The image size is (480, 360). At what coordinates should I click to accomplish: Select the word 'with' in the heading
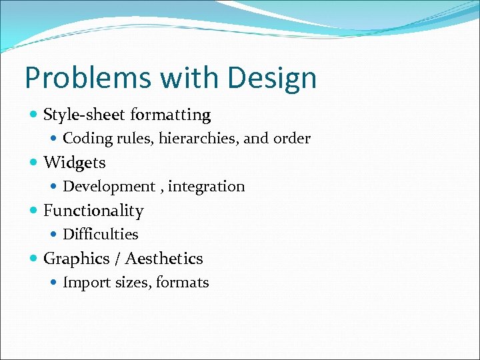178,78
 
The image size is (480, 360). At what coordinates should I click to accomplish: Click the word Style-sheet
84,115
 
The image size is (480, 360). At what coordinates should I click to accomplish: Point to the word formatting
171,115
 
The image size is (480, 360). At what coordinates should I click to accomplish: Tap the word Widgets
74,163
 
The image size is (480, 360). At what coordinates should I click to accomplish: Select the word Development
109,187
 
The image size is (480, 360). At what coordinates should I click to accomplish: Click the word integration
207,187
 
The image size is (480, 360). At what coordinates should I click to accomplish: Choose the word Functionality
93,211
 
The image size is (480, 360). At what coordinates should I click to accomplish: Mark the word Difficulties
101,235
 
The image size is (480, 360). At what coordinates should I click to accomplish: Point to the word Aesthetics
164,259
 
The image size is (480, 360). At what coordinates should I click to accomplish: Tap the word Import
83,283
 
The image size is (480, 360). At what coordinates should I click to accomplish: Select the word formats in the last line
183,283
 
